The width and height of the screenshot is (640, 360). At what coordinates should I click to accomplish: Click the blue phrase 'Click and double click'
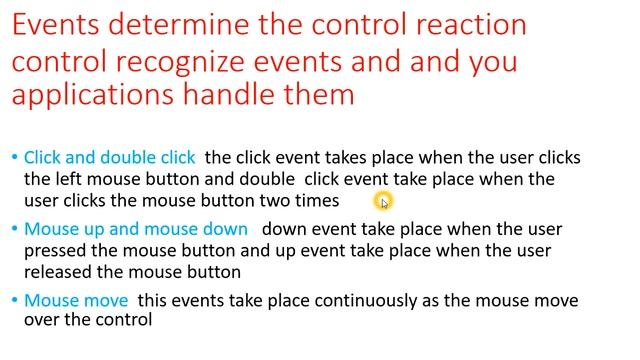click(x=110, y=157)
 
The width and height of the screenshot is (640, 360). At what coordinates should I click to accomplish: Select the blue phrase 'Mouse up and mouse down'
click(x=135, y=229)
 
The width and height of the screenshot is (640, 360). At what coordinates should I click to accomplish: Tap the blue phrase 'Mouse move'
click(x=76, y=300)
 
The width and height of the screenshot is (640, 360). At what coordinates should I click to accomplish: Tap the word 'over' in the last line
click(x=42, y=321)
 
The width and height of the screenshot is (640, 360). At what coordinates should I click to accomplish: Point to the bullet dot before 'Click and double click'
click(x=14, y=158)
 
